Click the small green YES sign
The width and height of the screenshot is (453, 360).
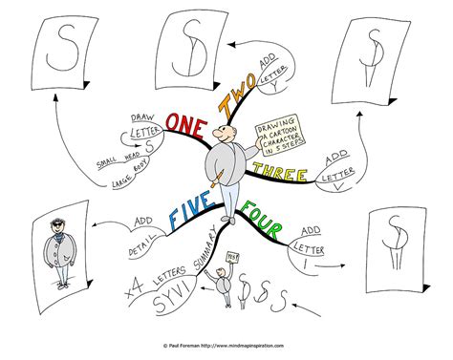[x=231, y=257]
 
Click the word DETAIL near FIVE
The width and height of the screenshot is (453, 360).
[x=140, y=246]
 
